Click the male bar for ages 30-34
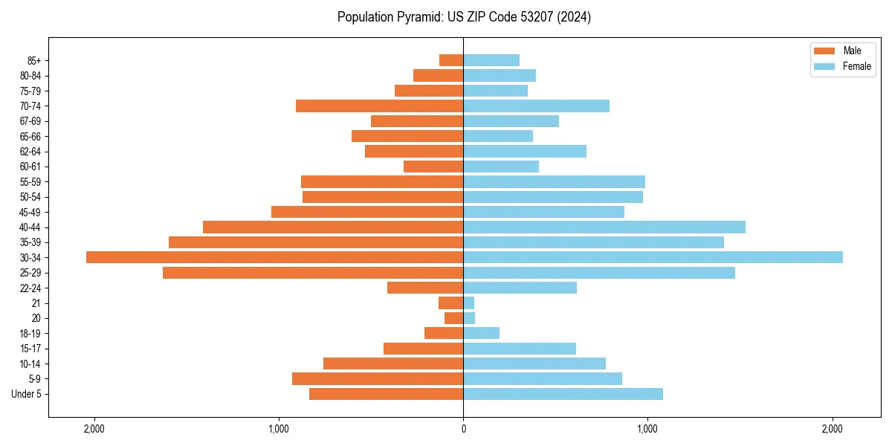point(274,257)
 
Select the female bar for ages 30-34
point(653,257)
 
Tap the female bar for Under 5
point(563,394)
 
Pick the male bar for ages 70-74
point(379,106)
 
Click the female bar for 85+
point(491,60)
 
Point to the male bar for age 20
point(454,318)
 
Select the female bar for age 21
point(469,303)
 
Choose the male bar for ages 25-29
point(313,273)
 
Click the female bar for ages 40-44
point(604,227)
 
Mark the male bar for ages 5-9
point(378,379)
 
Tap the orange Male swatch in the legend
point(824,51)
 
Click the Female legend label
point(857,66)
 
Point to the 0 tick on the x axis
point(463,429)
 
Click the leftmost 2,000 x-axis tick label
point(94,429)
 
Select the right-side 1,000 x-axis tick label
point(647,429)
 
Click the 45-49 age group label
point(30,213)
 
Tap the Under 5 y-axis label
point(26,394)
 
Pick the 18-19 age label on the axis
point(30,334)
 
